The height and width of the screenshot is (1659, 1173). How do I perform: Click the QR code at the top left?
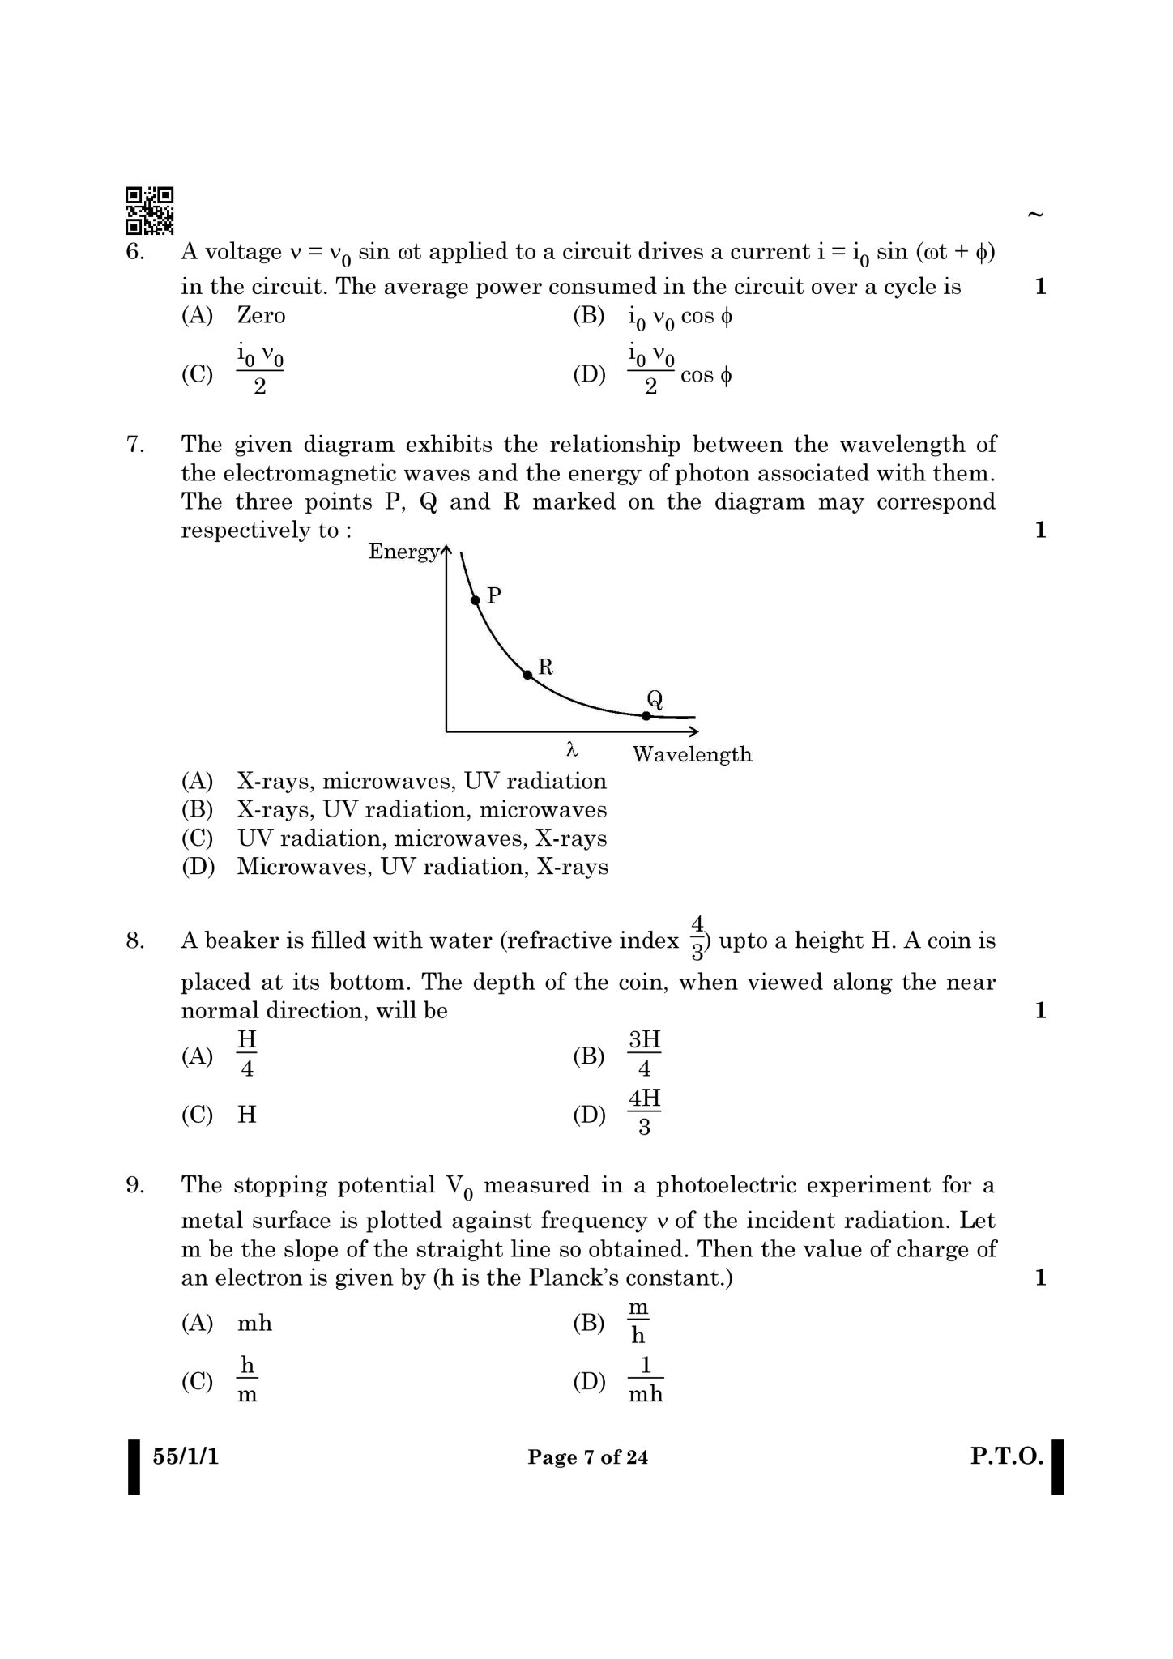(149, 211)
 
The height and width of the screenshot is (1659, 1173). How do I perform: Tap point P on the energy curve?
(476, 600)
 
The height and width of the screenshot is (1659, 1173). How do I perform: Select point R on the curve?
(527, 674)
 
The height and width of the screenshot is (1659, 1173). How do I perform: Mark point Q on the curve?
(646, 715)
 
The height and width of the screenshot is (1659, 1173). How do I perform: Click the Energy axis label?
(403, 552)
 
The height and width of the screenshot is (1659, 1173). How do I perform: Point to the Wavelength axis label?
(692, 754)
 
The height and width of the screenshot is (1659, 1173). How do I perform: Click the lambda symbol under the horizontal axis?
(572, 751)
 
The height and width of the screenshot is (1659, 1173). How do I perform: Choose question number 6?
(134, 252)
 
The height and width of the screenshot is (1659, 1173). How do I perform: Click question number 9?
(134, 1185)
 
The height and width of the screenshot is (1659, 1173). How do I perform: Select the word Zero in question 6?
(261, 315)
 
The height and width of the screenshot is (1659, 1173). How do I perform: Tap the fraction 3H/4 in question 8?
(645, 1054)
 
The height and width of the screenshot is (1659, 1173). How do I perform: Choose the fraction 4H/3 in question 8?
(645, 1112)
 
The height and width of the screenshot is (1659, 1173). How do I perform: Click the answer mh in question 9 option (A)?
(254, 1323)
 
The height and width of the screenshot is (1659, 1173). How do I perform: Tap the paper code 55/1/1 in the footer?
(186, 1456)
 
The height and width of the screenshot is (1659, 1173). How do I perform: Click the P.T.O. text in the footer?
(1007, 1456)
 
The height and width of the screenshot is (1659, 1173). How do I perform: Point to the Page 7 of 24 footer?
(587, 1457)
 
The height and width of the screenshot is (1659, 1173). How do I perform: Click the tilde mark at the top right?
(1034, 215)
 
